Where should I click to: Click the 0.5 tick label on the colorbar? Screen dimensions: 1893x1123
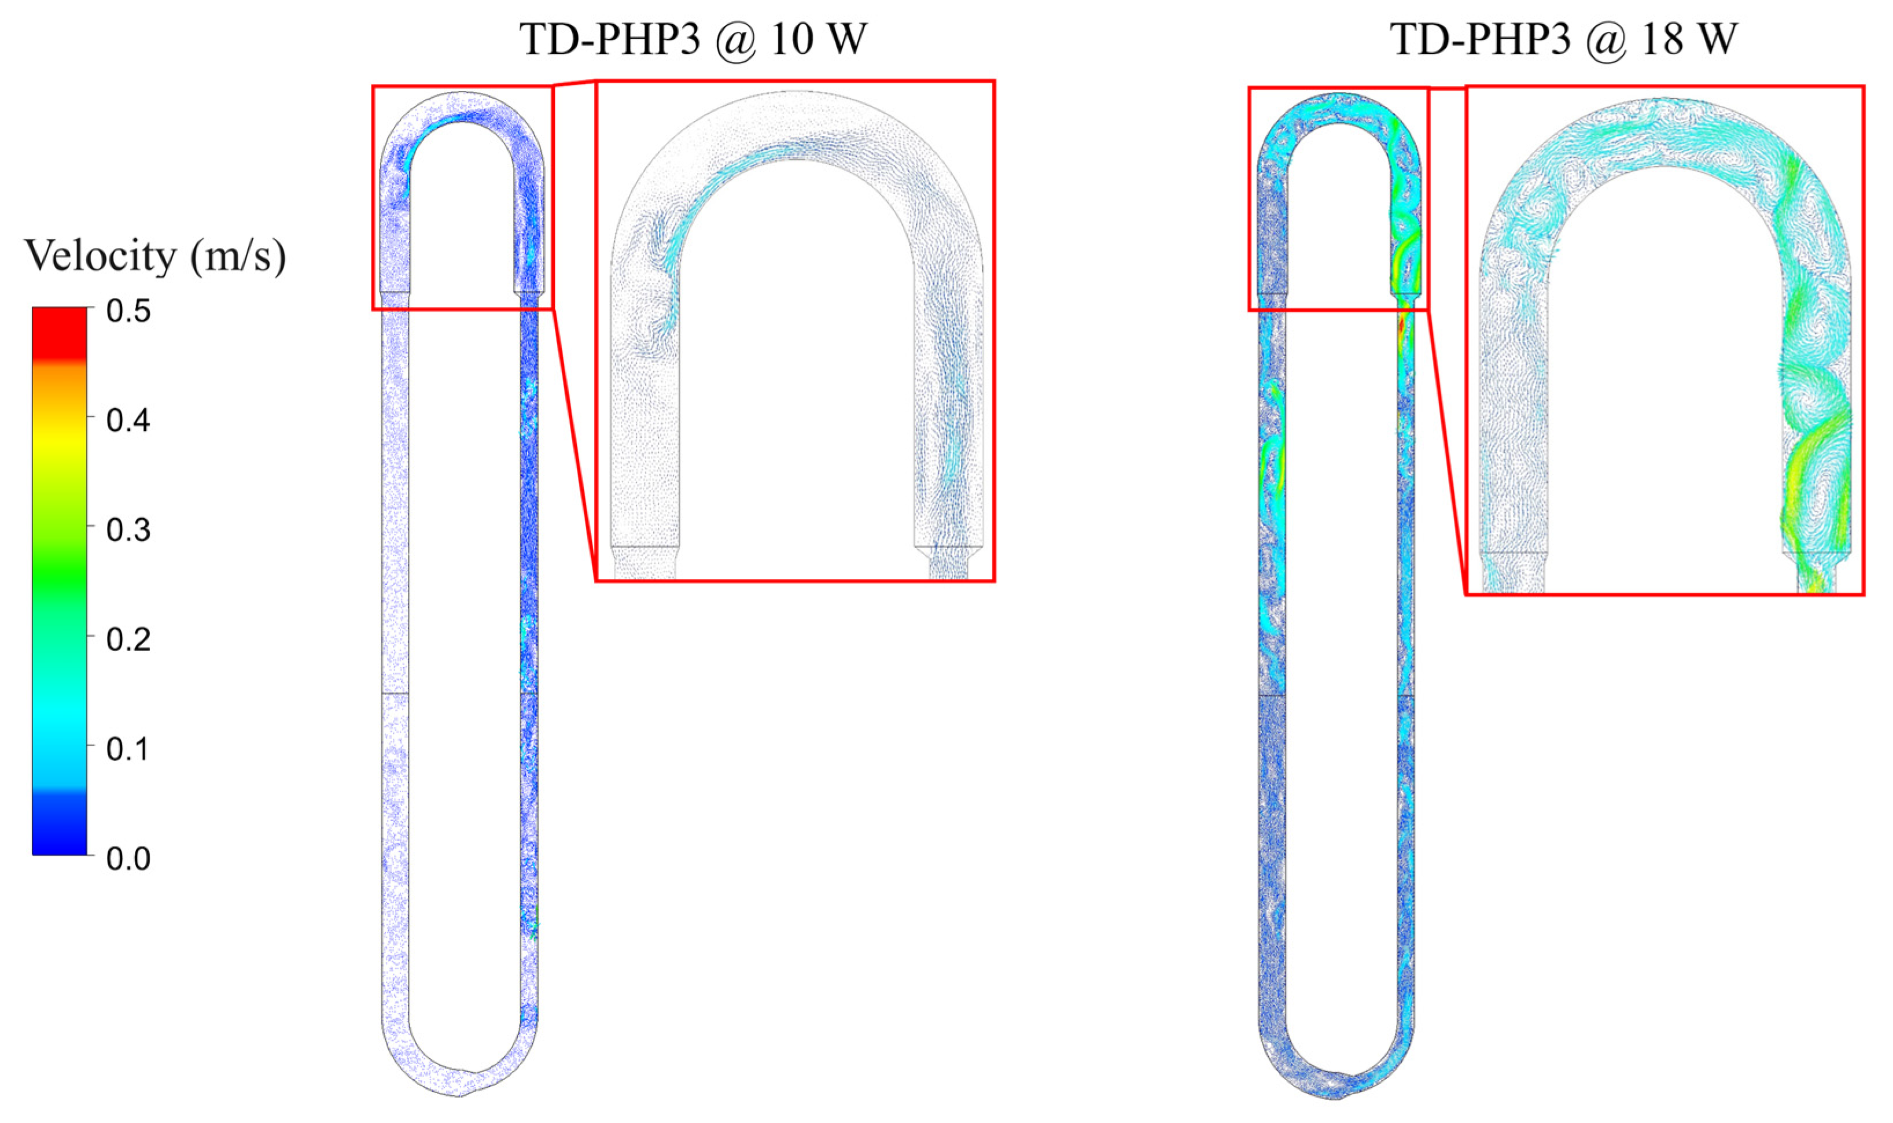click(x=128, y=311)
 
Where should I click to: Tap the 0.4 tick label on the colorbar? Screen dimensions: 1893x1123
click(x=128, y=420)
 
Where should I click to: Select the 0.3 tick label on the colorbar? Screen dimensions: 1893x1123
click(x=128, y=530)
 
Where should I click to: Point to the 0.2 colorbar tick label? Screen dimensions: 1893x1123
click(x=128, y=640)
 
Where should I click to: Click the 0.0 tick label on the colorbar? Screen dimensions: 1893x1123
click(x=128, y=858)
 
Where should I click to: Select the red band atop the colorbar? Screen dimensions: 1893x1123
click(x=59, y=333)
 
